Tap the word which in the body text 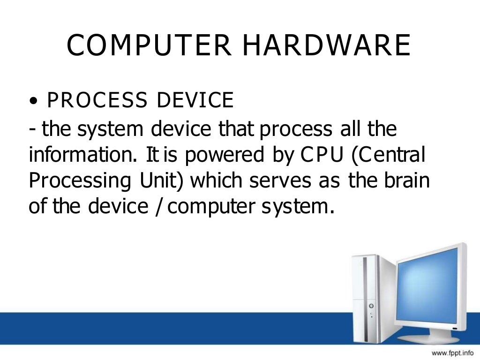click(x=214, y=180)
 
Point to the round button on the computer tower click(x=372, y=305)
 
